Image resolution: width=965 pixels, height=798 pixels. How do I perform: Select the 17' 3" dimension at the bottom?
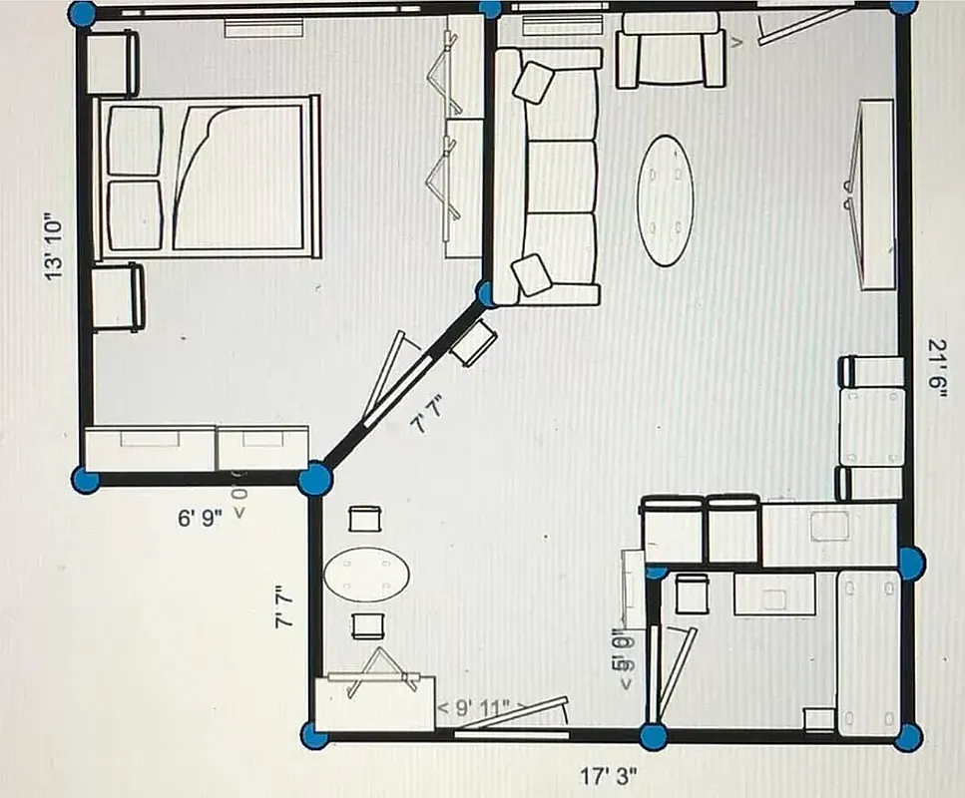click(x=609, y=774)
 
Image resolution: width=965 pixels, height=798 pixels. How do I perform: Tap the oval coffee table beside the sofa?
click(x=666, y=200)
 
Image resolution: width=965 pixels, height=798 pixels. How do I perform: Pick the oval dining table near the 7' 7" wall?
click(x=367, y=575)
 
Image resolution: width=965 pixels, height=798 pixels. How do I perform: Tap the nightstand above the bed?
click(x=112, y=63)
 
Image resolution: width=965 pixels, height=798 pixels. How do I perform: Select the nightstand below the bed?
click(x=118, y=296)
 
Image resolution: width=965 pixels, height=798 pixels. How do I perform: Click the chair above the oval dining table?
click(x=366, y=520)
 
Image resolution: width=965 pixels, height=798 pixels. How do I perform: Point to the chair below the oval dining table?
click(x=367, y=625)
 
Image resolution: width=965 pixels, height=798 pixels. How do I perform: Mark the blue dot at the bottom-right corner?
click(x=908, y=738)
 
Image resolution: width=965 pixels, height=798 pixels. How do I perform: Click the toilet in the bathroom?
click(x=691, y=596)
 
